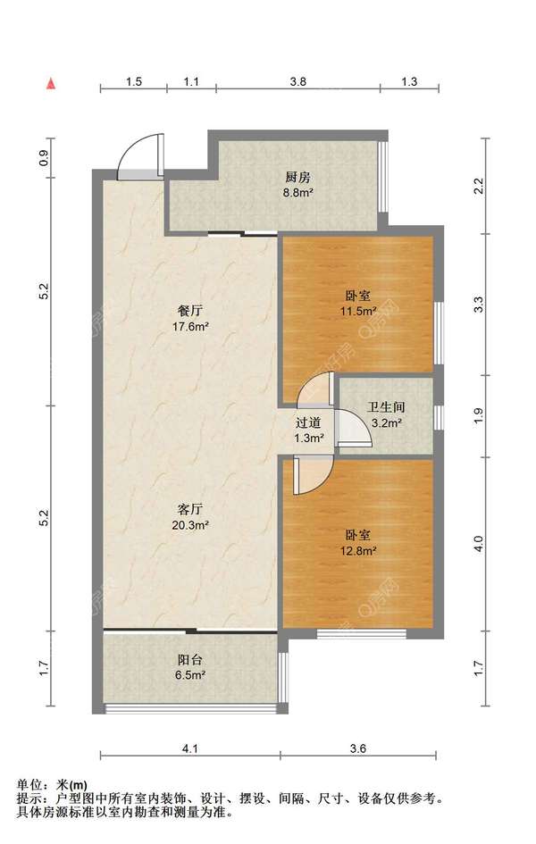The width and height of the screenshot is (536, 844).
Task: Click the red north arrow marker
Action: click(x=51, y=83)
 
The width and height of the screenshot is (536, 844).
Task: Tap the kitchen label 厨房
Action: click(x=297, y=177)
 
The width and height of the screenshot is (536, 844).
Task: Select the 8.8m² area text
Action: click(x=298, y=192)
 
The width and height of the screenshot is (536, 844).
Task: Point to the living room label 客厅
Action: click(x=190, y=509)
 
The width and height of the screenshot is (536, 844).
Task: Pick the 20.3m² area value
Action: click(x=190, y=525)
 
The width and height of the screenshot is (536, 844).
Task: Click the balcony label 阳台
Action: click(x=190, y=659)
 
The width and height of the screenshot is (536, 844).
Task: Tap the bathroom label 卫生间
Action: click(x=386, y=407)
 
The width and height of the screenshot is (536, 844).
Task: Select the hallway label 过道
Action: click(x=308, y=423)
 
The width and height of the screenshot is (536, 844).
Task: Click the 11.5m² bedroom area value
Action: click(x=358, y=311)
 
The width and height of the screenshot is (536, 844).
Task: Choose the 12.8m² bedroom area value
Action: click(x=358, y=550)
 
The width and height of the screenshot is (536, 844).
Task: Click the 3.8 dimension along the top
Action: click(x=297, y=82)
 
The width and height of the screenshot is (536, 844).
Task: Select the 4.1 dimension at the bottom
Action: click(x=190, y=748)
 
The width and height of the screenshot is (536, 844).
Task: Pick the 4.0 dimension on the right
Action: click(x=479, y=544)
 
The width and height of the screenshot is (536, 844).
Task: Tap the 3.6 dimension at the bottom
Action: click(x=358, y=748)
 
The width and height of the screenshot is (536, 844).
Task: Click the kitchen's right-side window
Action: click(x=382, y=177)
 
